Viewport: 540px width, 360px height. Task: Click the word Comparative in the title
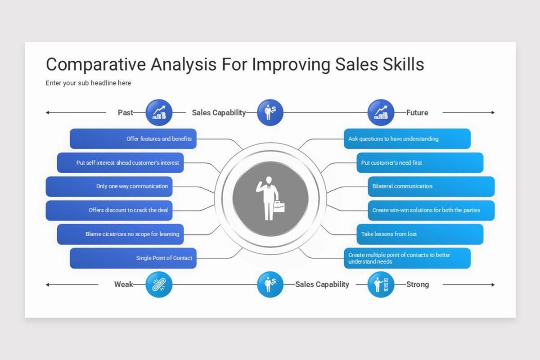click(x=96, y=65)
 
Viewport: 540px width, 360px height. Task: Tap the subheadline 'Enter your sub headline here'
click(x=88, y=83)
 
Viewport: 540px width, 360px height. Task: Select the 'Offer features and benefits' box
click(x=133, y=139)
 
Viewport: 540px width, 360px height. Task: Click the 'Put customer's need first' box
click(x=420, y=162)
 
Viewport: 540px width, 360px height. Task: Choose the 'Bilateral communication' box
click(x=431, y=186)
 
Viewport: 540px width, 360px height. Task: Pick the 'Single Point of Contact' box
click(x=133, y=258)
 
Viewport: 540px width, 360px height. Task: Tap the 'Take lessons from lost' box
click(x=420, y=234)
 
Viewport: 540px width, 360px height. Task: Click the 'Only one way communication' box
click(x=109, y=186)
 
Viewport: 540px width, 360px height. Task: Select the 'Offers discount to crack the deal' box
click(x=109, y=210)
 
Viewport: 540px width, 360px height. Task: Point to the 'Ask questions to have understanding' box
click(x=407, y=139)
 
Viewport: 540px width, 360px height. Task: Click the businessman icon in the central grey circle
click(x=270, y=198)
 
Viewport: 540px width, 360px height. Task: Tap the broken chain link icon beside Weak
click(x=159, y=284)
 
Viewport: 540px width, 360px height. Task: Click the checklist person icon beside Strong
click(x=381, y=284)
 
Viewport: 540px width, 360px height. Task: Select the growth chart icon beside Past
click(x=159, y=112)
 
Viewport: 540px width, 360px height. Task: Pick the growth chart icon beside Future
click(x=381, y=112)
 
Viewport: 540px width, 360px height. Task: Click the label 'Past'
click(x=126, y=112)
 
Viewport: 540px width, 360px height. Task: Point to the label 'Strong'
click(x=418, y=284)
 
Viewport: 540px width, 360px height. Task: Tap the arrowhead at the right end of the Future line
click(x=493, y=112)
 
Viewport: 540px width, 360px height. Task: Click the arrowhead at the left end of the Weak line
click(x=47, y=285)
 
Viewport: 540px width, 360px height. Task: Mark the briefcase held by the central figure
click(x=279, y=207)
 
